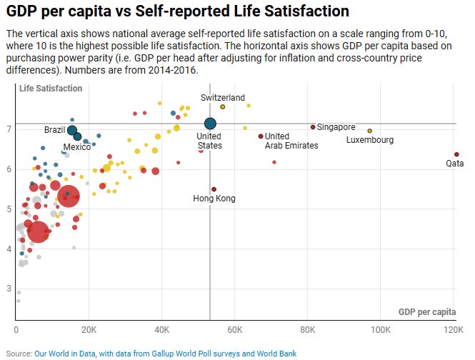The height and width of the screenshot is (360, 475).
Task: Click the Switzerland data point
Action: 223,106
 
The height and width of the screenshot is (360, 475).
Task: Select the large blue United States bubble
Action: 210,124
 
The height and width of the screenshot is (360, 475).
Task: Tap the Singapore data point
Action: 313,127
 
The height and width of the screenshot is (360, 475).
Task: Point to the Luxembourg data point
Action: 369,131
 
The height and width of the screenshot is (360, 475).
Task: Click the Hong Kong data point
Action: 214,189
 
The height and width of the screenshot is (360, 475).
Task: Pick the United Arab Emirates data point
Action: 261,136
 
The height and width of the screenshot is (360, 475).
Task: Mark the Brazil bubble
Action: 72,130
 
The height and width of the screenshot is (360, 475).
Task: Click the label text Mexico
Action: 77,147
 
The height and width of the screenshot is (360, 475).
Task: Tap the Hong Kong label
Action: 214,199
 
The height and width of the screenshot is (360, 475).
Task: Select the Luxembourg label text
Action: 370,140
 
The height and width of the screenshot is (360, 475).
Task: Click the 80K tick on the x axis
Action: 308,331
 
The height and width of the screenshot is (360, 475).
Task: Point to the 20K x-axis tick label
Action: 89,331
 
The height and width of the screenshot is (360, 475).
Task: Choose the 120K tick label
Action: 454,331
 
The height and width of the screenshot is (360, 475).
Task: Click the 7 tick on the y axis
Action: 9,129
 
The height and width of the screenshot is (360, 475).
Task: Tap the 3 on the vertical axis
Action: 9,289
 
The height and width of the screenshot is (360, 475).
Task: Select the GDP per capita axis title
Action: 427,312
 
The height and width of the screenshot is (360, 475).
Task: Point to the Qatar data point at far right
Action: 456,154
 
